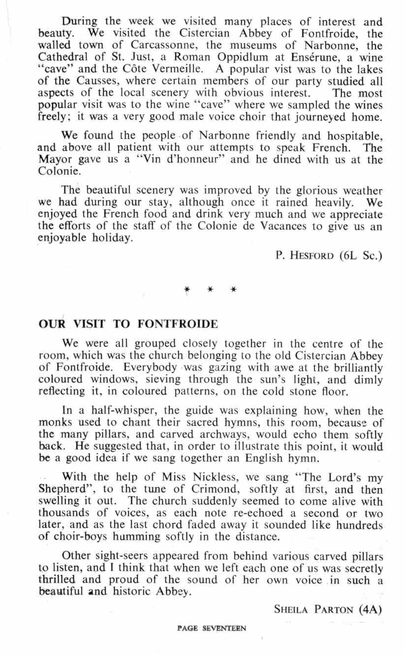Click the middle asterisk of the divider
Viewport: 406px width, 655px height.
click(x=210, y=290)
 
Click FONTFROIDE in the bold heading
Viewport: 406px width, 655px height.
click(x=177, y=325)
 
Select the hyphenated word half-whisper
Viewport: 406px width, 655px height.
click(x=103, y=411)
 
